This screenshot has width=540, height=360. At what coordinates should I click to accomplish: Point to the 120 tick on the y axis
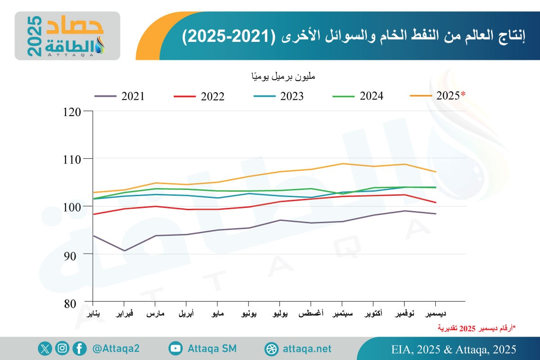coord(77,111)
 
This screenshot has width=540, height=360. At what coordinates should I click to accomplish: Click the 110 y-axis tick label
coord(77,159)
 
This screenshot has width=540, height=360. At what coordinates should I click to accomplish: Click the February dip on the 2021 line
coord(124,251)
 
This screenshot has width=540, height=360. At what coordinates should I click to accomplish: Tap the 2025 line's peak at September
coord(342,163)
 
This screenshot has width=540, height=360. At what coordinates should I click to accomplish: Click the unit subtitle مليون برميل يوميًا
coord(283,76)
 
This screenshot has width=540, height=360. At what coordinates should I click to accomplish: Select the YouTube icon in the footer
coord(175,348)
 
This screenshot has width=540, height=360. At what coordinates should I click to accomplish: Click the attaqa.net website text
coord(308,349)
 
